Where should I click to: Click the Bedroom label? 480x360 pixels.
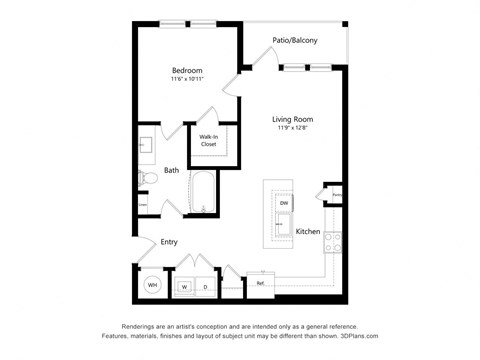tap(187, 70)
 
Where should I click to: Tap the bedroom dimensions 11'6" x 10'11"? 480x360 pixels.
tap(187, 80)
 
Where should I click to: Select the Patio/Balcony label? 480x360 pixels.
tap(295, 41)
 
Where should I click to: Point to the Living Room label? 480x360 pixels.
tap(294, 120)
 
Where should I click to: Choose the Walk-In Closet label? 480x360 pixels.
tap(208, 140)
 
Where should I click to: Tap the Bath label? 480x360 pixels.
tap(171, 170)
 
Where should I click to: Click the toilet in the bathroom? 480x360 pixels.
tap(147, 178)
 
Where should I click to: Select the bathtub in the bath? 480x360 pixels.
tap(205, 193)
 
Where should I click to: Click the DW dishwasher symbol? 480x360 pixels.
tap(284, 204)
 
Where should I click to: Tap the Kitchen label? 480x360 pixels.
tap(308, 231)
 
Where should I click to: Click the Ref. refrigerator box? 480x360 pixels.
tap(260, 283)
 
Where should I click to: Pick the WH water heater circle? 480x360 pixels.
tap(152, 285)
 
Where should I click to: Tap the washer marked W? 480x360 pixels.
tap(184, 287)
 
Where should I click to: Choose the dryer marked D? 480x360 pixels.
tap(205, 287)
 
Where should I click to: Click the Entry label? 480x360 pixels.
tap(169, 241)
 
